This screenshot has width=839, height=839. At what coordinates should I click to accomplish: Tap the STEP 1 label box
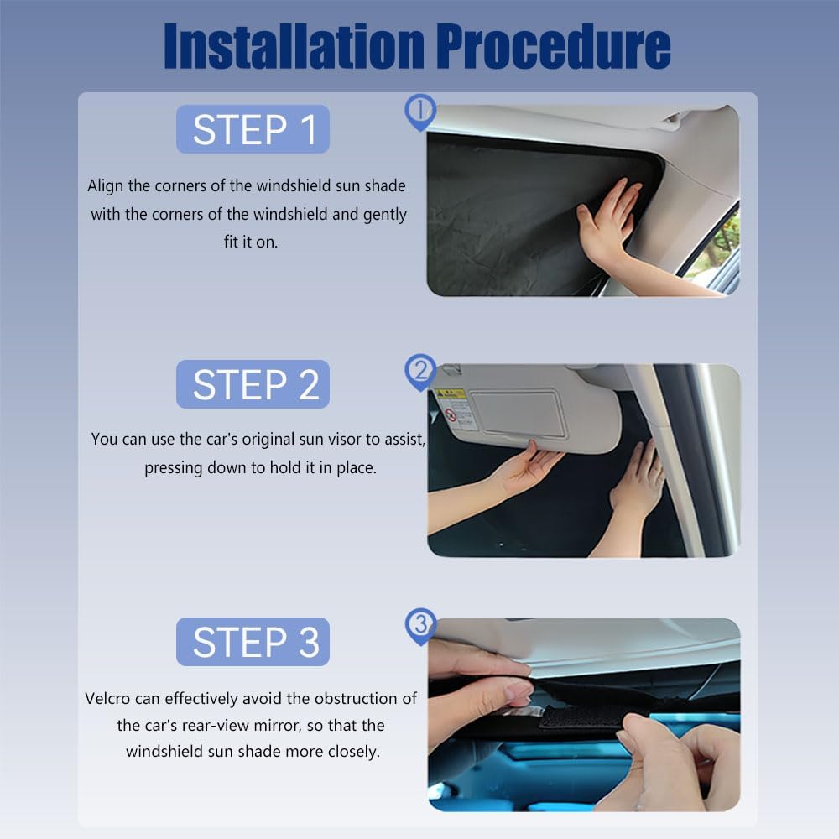click(253, 129)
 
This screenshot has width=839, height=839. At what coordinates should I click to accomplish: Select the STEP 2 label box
click(253, 384)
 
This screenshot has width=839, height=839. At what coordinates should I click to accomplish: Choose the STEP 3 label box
click(253, 642)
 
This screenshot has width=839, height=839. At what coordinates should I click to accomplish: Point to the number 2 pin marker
click(420, 370)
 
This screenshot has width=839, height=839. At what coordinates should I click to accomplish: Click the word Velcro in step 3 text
click(108, 698)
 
